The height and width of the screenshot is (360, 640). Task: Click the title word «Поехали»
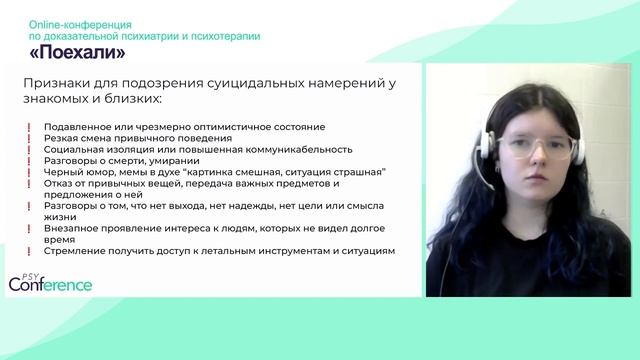(x=77, y=51)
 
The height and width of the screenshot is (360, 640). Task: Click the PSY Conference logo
(x=50, y=281)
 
